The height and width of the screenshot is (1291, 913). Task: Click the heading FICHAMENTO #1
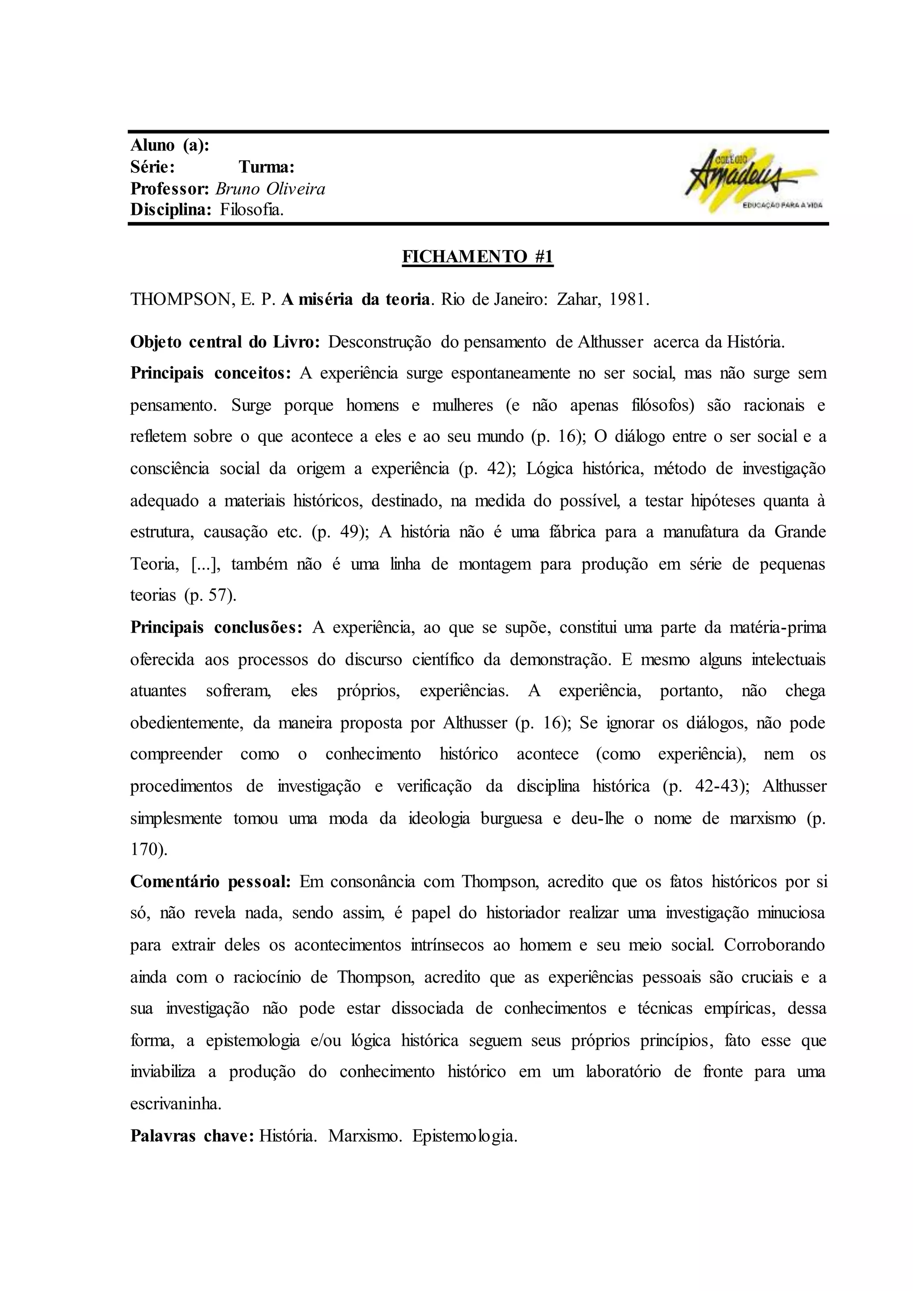coord(478,256)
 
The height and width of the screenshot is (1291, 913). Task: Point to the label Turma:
coord(267,167)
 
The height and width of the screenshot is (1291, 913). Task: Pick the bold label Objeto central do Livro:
coord(225,342)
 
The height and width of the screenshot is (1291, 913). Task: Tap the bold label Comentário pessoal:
coord(210,882)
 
